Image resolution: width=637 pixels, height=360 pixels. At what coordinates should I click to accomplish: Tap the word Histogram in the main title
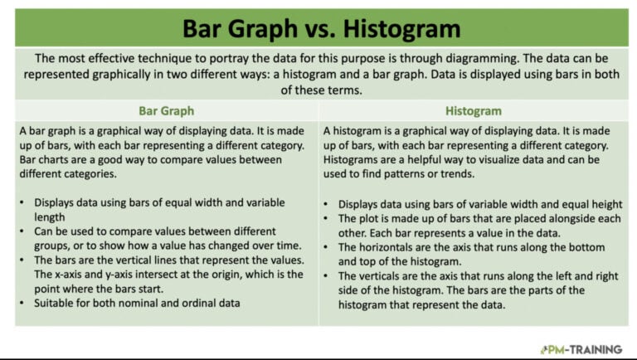point(402,29)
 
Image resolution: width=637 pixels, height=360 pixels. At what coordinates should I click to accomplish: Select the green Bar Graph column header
point(166,110)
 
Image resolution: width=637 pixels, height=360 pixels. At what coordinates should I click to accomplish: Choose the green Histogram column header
point(473,110)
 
